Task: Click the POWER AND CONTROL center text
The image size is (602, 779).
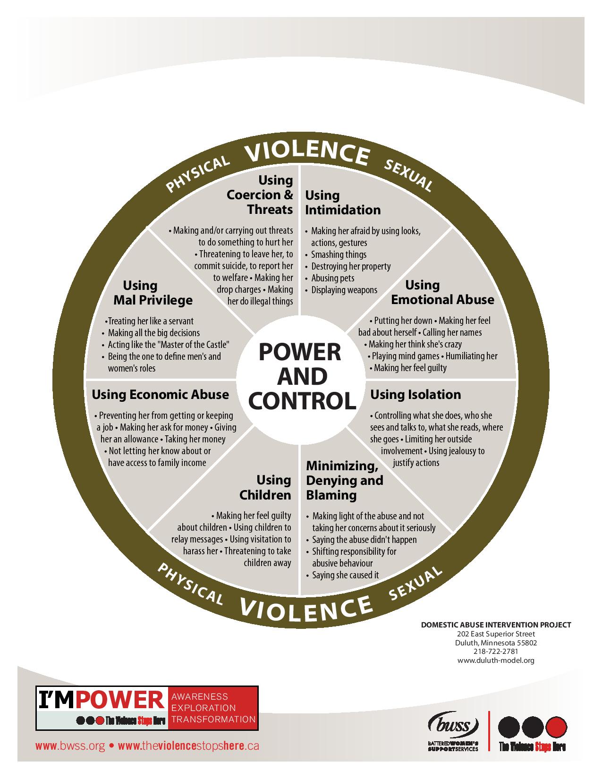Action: point(301,376)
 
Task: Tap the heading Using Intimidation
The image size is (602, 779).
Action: point(342,203)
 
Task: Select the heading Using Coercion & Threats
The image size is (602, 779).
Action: point(260,195)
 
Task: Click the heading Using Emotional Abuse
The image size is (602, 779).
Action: point(442,292)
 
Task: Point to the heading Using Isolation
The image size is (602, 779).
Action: point(415,394)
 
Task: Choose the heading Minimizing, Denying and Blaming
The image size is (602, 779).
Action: point(344,480)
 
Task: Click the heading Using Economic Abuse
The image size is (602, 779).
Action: point(160,394)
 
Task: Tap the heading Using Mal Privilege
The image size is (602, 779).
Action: point(153,293)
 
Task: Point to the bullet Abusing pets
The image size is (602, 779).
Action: point(332,278)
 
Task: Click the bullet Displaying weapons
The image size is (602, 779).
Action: point(344,290)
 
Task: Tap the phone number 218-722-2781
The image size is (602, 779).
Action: point(496,652)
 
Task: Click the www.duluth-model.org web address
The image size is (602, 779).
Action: point(496,660)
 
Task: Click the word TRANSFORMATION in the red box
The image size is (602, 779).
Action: point(213,720)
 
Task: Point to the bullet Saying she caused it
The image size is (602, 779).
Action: point(345,575)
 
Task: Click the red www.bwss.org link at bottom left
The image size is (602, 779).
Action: point(70,746)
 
